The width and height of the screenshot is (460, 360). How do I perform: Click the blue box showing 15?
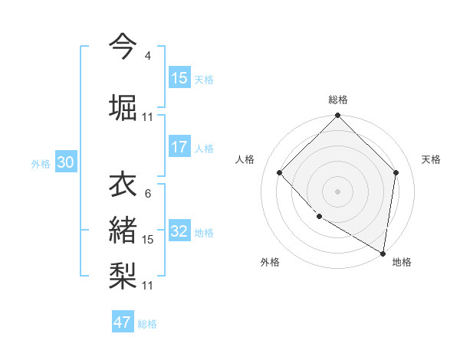(179, 78)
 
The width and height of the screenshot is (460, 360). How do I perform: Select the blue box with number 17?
(179, 147)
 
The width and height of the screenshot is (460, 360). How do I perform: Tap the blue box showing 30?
(65, 163)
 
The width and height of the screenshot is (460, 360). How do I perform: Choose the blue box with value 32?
(179, 232)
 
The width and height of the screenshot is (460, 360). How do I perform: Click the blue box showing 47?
(123, 322)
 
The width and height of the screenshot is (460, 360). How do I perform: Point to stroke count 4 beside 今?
(147, 56)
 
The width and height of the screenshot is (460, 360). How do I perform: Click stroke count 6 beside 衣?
(147, 194)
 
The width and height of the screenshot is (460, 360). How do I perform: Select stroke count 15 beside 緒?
(148, 240)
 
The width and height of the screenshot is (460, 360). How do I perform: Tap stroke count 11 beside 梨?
(148, 285)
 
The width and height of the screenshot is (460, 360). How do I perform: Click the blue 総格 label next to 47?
(147, 324)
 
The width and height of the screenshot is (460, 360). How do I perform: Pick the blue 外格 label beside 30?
(41, 164)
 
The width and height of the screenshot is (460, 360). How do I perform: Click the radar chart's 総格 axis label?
(338, 100)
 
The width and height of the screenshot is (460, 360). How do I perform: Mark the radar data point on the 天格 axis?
(396, 172)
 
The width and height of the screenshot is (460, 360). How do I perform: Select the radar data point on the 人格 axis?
(280, 172)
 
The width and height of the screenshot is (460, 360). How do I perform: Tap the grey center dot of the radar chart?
(338, 191)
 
